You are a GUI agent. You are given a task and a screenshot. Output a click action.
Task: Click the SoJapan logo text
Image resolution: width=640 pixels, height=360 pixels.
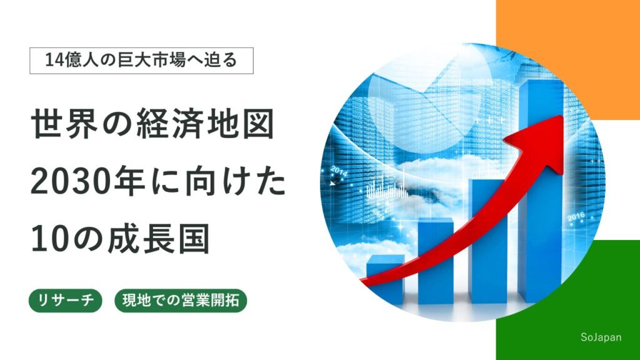[601, 337]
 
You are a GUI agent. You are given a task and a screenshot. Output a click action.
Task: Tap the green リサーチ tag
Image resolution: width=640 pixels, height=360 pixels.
[65, 301]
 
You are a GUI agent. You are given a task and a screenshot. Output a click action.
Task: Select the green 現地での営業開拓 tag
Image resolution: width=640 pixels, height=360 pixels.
[181, 301]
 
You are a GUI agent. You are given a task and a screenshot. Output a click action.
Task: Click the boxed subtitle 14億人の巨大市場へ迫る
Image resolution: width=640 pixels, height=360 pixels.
[141, 61]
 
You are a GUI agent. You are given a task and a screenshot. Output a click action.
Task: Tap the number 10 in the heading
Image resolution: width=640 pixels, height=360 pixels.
[46, 239]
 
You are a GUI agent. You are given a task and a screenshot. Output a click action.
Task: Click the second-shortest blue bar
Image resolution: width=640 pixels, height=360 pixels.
[435, 261]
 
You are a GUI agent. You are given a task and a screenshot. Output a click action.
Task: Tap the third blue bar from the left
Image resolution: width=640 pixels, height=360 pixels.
[487, 241]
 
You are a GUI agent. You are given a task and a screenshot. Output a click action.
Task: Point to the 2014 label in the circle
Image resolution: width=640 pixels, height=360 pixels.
[339, 171]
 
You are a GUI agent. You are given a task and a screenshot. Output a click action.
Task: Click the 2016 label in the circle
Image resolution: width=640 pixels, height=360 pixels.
[576, 217]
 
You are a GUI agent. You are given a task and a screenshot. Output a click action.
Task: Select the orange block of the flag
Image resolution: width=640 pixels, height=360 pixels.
[568, 60]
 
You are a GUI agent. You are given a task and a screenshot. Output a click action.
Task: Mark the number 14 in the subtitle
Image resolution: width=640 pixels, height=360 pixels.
[52, 61]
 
